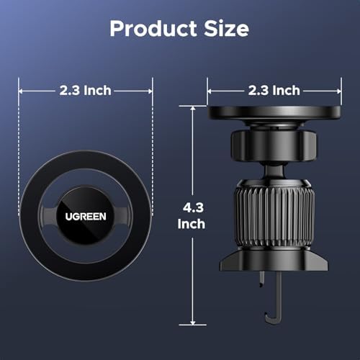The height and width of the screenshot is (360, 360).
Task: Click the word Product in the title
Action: [x=153, y=29]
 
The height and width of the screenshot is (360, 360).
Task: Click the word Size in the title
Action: [x=226, y=29]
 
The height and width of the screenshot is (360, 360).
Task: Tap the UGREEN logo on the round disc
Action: [x=86, y=217]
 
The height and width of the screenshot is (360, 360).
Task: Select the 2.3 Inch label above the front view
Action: [x=86, y=91]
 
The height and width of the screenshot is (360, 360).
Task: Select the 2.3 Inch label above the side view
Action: [x=274, y=91]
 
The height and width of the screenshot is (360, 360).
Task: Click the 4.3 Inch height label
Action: [x=192, y=216]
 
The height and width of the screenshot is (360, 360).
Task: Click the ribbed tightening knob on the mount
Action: [x=274, y=215]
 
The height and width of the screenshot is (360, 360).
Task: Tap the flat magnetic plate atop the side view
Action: [x=274, y=113]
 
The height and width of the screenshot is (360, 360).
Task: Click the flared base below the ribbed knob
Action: [x=274, y=261]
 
